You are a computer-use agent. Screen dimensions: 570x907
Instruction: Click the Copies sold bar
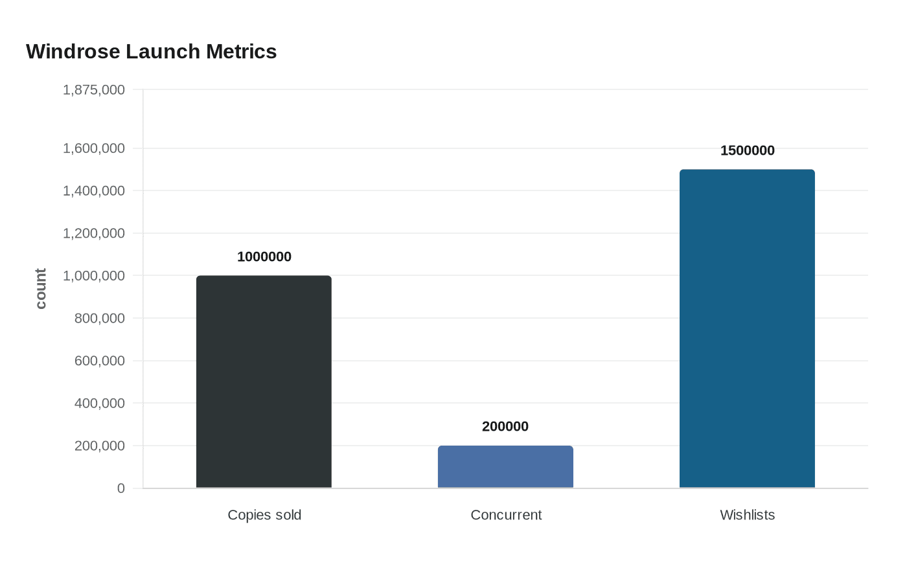click(264, 382)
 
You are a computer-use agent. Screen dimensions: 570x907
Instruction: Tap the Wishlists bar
click(747, 328)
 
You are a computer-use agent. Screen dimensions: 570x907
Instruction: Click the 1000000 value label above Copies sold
click(264, 256)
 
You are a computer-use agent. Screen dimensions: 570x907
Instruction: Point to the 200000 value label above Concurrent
click(505, 426)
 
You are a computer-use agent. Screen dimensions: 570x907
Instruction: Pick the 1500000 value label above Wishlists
click(747, 150)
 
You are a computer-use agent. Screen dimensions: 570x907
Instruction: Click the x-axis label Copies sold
click(264, 515)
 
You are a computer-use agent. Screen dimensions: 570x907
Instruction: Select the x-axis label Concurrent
click(506, 515)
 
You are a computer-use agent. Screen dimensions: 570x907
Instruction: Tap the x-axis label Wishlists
click(747, 515)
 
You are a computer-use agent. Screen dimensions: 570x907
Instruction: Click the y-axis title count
click(41, 289)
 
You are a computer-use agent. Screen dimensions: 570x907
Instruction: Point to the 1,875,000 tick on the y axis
click(94, 89)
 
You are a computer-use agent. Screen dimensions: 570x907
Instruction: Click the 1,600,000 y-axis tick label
click(94, 148)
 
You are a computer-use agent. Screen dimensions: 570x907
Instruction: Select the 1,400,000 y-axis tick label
click(94, 190)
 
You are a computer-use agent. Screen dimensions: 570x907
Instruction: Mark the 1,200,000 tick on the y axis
click(94, 233)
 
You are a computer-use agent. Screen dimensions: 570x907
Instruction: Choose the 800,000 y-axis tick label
click(100, 318)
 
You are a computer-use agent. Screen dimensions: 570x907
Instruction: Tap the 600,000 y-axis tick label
click(100, 361)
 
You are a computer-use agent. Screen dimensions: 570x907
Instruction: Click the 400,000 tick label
click(100, 403)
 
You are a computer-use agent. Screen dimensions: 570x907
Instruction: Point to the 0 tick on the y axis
click(121, 488)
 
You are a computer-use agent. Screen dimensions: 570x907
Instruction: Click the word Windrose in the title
click(73, 51)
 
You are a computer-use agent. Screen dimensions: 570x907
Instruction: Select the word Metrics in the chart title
click(241, 51)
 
